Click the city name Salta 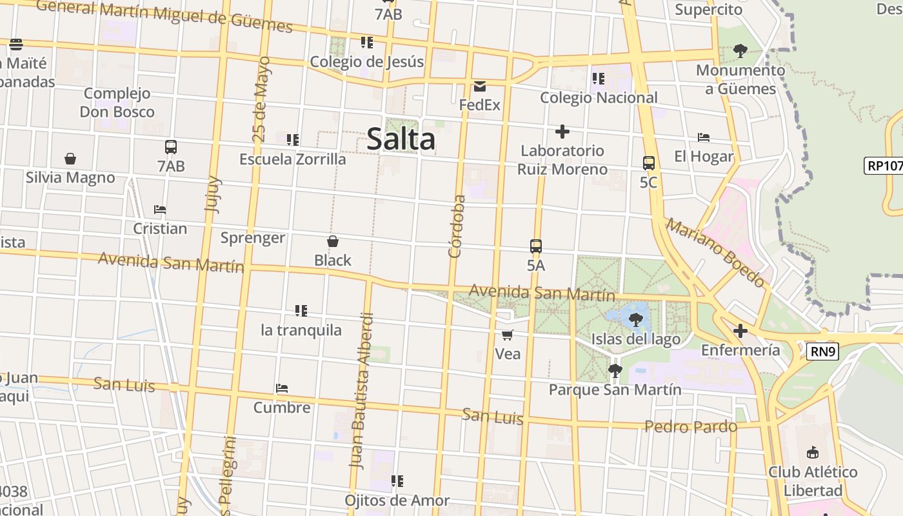pos(401,139)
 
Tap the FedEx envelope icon pos(480,86)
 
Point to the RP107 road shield pos(884,166)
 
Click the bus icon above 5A pos(536,246)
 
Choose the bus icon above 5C pos(649,163)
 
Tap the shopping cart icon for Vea pos(508,335)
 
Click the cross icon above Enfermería pos(740,332)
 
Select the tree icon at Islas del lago pos(636,319)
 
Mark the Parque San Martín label pos(615,390)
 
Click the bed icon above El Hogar pos(704,137)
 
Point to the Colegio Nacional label pos(599,97)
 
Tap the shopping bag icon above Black pos(333,242)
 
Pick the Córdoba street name pos(457,226)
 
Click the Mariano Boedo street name pos(715,253)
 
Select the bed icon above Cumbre pos(282,388)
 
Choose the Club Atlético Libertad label pos(813,481)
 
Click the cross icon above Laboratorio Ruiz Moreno pos(562,132)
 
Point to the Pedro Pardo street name pos(690,427)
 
